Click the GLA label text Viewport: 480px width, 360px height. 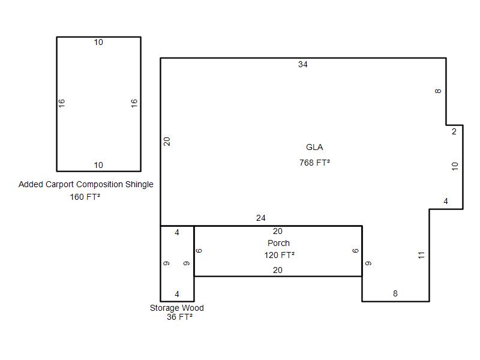(314, 147)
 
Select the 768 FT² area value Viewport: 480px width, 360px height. (314, 163)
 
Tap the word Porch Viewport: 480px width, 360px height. (278, 243)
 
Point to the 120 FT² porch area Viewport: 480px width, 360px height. (280, 255)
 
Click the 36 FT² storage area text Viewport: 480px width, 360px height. (179, 317)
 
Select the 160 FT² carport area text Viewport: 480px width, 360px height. (85, 197)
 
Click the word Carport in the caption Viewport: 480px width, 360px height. (59, 184)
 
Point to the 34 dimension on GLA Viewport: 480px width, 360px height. (303, 64)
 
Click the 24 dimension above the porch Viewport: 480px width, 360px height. (261, 218)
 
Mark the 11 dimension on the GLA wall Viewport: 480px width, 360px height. (422, 255)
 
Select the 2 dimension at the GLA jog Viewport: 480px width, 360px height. (454, 131)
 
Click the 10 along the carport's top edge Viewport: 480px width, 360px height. (98, 42)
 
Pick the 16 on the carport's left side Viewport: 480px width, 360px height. (62, 103)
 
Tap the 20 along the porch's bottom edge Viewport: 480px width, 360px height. (278, 271)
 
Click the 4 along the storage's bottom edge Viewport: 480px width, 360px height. (177, 294)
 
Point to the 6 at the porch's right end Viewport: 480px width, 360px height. (355, 251)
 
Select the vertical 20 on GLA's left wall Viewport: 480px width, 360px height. (167, 142)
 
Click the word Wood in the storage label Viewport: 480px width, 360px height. (191, 308)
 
